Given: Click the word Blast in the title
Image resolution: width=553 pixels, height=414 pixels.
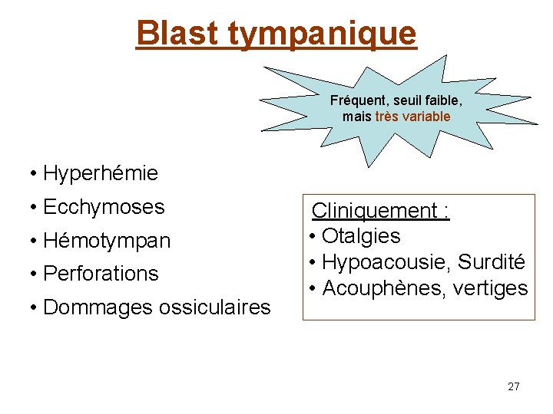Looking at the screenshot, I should point(177,33).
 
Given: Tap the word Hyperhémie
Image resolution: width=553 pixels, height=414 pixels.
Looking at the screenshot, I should point(101,174).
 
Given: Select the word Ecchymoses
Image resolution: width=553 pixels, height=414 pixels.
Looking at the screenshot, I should point(104,207).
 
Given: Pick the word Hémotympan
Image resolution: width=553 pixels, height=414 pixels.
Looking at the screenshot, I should point(107,242).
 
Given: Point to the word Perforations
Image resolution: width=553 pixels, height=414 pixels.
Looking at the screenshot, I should point(101,274).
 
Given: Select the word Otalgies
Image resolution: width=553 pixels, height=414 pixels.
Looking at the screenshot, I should point(361,236).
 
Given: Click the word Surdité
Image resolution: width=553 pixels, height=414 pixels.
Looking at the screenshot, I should point(492,262).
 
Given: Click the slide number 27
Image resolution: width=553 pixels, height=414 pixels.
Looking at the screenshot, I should point(513,386).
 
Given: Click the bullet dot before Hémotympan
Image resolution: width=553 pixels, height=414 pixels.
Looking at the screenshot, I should point(35,242).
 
